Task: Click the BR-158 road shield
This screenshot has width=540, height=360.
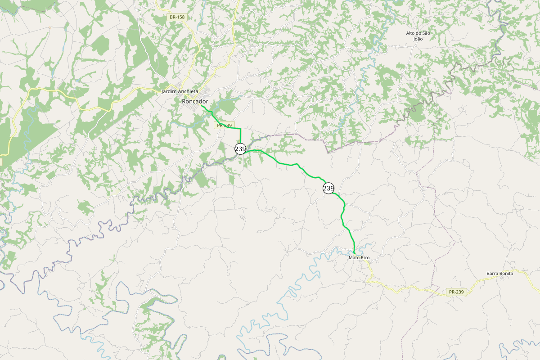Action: point(177,17)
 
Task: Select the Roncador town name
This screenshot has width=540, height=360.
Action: point(195,101)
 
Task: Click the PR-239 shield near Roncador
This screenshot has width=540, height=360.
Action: point(224,126)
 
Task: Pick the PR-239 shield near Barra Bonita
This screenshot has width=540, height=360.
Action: point(456,292)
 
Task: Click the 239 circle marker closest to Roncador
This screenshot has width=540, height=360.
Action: point(240,148)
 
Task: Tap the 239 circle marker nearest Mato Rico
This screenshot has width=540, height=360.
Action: point(328,188)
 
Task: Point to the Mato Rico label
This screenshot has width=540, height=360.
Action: point(359,258)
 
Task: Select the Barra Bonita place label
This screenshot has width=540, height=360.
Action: point(499,273)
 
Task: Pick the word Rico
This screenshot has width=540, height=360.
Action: point(364,258)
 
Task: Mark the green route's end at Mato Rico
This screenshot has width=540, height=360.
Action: point(354,253)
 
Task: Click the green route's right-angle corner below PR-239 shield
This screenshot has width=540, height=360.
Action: point(240,129)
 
